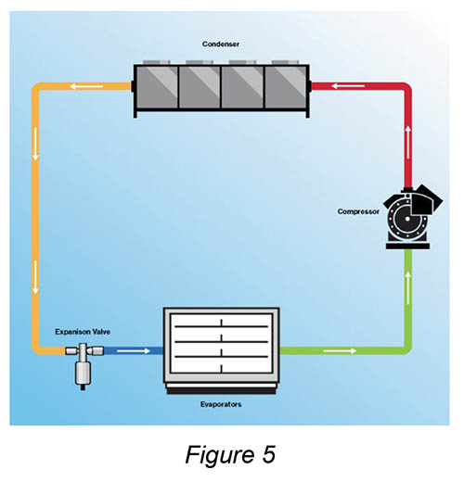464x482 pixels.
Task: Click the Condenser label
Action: point(221,44)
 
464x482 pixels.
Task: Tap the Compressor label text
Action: point(358,211)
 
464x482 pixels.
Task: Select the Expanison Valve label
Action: point(83,332)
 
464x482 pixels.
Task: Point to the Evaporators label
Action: point(221,404)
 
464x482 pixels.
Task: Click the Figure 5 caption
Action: point(230,454)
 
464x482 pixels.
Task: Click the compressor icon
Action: point(411,217)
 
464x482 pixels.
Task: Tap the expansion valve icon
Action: point(84,365)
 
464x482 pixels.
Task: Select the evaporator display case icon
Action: point(221,350)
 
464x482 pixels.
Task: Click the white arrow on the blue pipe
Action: point(134,351)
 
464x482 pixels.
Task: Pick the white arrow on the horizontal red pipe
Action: point(348,86)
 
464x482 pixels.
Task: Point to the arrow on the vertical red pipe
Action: point(408,142)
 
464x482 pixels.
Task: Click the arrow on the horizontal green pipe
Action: point(340,351)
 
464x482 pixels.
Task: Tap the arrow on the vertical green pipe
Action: point(408,287)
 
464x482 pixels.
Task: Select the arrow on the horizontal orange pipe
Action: point(86,86)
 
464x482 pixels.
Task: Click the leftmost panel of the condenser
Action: point(157,87)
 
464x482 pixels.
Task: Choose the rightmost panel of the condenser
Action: point(286,87)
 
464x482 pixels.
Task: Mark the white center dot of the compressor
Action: point(407,219)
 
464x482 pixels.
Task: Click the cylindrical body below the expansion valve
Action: point(83,374)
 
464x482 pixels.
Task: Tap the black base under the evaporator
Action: point(221,391)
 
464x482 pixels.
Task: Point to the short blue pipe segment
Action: point(134,351)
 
